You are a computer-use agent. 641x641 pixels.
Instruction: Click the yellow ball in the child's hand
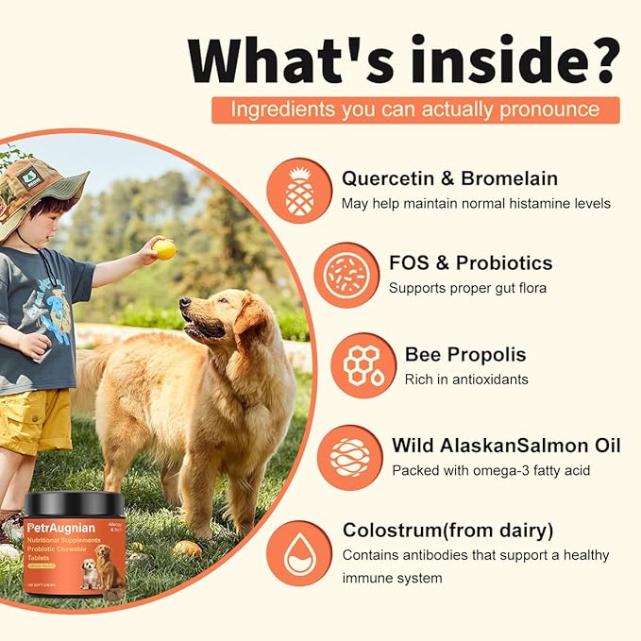(165, 249)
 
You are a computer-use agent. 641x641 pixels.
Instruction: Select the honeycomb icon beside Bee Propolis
(363, 365)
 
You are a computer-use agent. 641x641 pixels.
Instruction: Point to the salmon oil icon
(349, 457)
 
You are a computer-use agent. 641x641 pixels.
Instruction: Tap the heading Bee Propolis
(465, 355)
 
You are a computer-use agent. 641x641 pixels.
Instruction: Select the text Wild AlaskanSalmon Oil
(506, 445)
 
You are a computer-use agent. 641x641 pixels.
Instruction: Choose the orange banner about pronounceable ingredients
(415, 110)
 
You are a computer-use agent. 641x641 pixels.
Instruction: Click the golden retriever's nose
(184, 305)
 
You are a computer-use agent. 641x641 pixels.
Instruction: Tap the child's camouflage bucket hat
(42, 188)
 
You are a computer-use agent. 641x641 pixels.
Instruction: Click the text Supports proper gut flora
(467, 287)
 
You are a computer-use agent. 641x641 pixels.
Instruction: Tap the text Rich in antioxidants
(466, 379)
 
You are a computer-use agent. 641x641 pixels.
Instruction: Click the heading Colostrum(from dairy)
(448, 531)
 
